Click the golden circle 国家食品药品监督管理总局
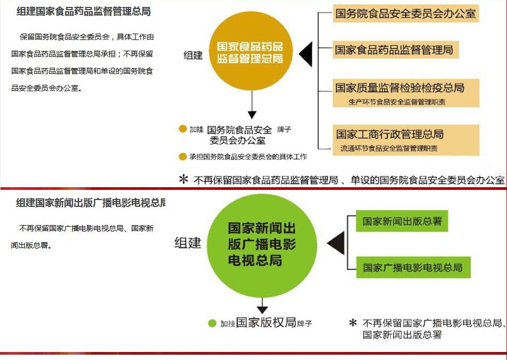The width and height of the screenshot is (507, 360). pos(251,51)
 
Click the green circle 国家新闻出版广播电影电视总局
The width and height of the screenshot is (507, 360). pos(262,245)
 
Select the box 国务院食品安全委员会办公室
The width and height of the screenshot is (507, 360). pos(406,13)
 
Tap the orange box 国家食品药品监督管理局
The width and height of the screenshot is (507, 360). pos(396,50)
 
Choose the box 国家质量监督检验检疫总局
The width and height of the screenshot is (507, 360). pos(406,93)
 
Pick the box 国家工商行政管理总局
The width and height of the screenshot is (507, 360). pos(406,140)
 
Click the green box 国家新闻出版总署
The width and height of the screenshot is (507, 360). pos(402,221)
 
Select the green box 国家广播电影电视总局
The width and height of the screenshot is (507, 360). pos(413,268)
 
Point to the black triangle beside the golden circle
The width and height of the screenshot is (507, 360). pos(306,54)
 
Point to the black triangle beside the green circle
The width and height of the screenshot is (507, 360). pos(337,243)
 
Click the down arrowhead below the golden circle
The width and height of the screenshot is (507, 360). pos(252,115)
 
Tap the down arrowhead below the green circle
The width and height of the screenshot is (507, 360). pos(262,310)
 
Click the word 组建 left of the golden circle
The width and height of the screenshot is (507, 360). pos(194,55)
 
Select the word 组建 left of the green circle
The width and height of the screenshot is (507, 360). pos(188,243)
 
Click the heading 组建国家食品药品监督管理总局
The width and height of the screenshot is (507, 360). pos(84,12)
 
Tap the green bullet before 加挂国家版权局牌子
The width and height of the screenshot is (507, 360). pos(212,323)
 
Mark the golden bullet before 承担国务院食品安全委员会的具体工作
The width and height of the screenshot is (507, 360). pos(183,157)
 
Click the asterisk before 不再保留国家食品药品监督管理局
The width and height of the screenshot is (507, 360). pos(183,179)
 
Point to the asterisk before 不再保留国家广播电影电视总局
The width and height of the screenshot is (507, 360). pos(353,322)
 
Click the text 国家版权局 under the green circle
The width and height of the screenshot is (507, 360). pos(266,323)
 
